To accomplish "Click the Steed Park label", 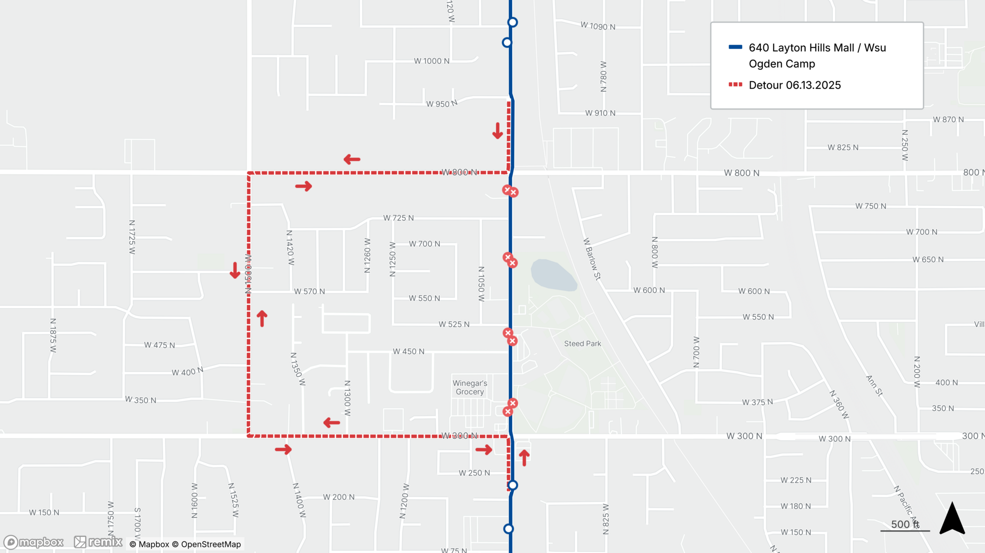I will tap(582, 344).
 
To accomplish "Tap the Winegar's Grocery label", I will tap(470, 388).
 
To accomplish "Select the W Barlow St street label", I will tap(592, 259).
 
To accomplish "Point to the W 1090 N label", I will tap(597, 26).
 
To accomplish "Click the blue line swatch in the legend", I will tap(735, 47).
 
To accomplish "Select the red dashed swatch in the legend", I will tap(735, 85).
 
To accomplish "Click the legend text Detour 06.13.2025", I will tap(794, 85).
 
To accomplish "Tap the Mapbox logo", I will tap(33, 542).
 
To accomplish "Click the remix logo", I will tap(98, 542).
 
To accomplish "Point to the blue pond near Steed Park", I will tap(553, 275).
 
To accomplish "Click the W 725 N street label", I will tap(398, 218).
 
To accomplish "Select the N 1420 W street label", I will tap(290, 248).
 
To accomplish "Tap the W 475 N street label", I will tap(159, 345).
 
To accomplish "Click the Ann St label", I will tap(874, 386).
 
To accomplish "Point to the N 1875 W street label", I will tap(53, 335).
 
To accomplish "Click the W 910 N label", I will tap(600, 113).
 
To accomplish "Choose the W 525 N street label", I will tap(454, 324).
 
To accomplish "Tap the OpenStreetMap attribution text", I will tap(210, 544).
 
